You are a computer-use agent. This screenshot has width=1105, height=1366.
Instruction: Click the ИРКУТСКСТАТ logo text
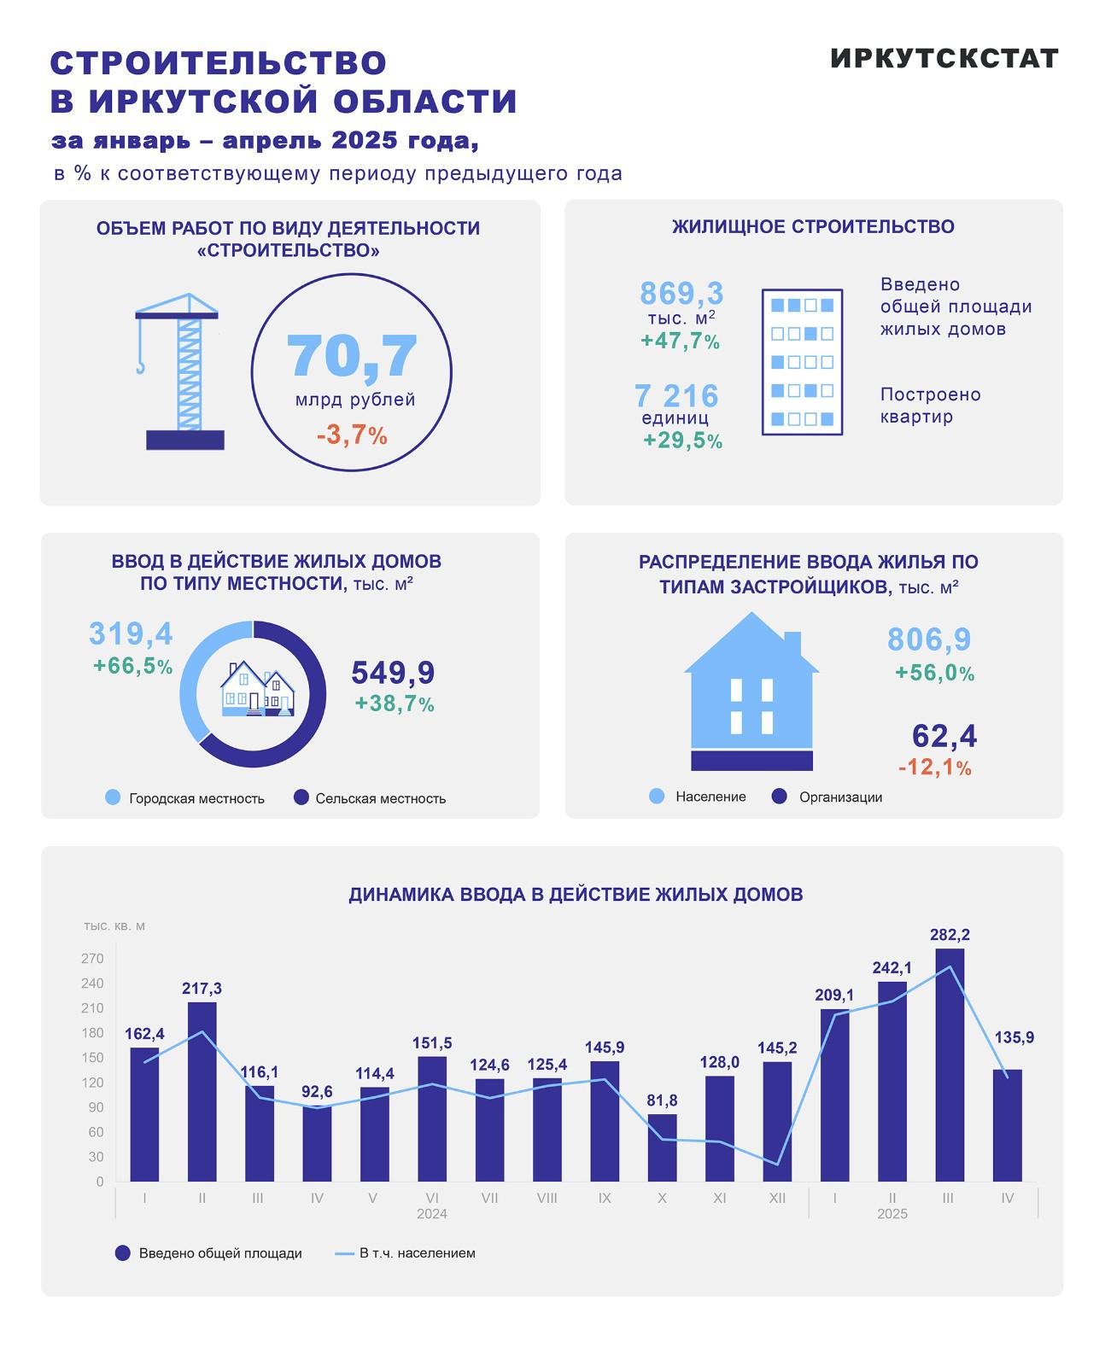point(944,58)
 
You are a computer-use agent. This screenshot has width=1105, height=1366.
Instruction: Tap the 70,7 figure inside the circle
point(352,356)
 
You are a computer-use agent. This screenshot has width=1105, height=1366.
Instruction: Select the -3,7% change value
point(352,435)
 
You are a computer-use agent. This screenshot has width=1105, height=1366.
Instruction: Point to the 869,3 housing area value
point(681,294)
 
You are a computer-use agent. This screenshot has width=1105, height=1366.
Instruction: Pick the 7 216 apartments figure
point(676,396)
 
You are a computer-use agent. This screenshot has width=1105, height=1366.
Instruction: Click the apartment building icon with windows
point(802,362)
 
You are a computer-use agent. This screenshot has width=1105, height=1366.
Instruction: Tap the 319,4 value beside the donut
point(131,634)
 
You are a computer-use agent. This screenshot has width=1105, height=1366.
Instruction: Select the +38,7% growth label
point(395,704)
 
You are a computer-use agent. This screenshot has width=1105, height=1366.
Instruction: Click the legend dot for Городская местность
point(113,797)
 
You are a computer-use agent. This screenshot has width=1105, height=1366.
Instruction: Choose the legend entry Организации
point(840,797)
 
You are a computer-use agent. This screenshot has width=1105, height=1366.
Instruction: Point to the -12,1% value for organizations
point(935,768)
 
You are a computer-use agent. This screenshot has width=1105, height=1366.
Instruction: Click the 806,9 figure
point(929,639)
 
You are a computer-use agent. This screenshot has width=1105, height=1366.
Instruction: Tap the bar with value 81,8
point(662,1147)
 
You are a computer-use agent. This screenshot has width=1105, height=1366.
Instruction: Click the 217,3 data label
point(202,989)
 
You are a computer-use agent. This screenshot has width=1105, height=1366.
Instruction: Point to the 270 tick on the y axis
point(92,959)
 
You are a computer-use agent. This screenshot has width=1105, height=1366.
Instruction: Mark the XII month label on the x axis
point(777,1198)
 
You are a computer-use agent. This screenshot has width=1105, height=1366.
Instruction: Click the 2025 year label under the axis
point(892,1214)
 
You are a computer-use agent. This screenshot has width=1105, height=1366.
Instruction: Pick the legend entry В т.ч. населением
point(417,1253)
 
